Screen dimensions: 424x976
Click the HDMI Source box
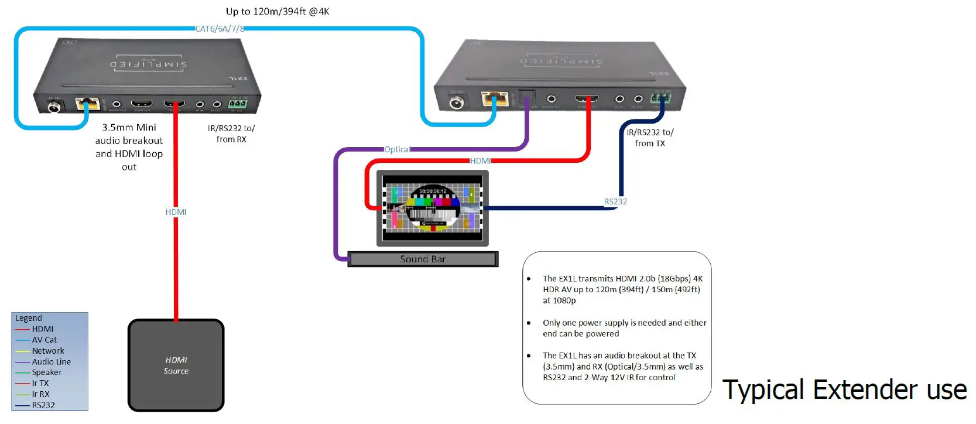tap(176, 365)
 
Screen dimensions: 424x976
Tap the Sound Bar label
tap(423, 259)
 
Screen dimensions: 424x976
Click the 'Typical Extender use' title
tap(844, 390)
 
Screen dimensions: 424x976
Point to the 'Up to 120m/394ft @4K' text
tap(278, 11)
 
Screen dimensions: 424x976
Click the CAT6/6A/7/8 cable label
tap(220, 29)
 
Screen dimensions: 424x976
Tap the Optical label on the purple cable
tap(397, 149)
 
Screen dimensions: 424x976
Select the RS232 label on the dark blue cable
tap(615, 201)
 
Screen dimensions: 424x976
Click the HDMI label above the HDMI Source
tap(176, 212)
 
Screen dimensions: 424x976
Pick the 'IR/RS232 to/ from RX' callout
tap(231, 134)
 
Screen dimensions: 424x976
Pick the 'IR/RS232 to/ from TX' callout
tap(650, 138)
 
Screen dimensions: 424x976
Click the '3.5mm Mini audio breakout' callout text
tap(129, 147)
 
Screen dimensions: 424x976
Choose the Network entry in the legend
tap(48, 351)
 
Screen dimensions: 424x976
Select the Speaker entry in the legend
tap(47, 372)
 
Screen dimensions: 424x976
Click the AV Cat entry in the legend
tap(44, 340)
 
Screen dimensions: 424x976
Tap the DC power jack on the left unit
tap(55, 107)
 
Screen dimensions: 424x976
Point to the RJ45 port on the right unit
tap(494, 98)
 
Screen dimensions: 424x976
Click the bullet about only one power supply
tap(624, 328)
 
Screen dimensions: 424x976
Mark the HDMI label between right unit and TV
tap(480, 161)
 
